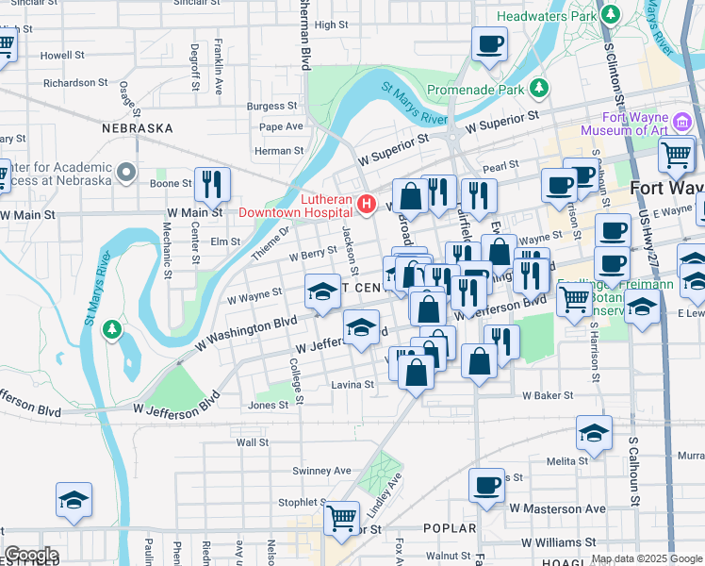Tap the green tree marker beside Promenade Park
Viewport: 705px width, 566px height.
tap(539, 89)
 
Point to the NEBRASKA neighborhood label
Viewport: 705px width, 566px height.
tap(138, 127)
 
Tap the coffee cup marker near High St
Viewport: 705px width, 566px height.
tap(489, 43)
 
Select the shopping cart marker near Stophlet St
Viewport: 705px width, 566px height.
tap(341, 516)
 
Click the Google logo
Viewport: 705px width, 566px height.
tap(31, 555)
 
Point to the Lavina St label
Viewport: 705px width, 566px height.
tap(352, 385)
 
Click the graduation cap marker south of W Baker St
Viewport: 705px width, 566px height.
tap(594, 432)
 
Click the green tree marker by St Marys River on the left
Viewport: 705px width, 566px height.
tap(112, 329)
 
